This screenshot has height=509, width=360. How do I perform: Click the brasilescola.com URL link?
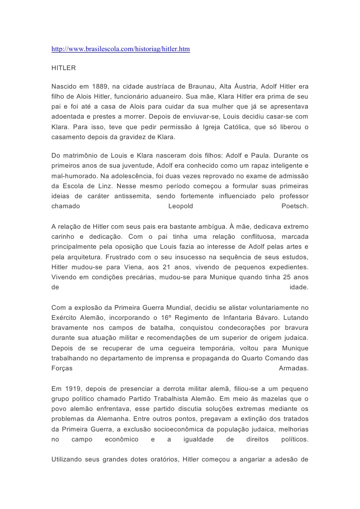[x=121, y=50]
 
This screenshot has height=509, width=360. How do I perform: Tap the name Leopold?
[x=181, y=206]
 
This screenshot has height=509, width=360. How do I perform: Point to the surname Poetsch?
[x=295, y=206]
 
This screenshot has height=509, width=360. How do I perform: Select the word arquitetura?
[x=81, y=257]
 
